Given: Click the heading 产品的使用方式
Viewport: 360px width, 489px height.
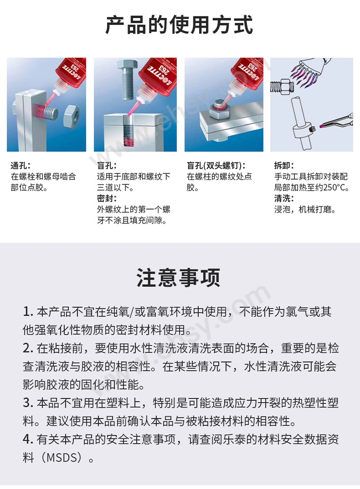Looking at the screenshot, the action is (180, 25).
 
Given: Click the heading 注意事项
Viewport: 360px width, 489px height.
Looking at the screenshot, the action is (179, 277).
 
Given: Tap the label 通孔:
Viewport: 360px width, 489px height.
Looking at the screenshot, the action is (21, 166).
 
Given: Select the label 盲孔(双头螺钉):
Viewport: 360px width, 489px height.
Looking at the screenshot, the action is (216, 166).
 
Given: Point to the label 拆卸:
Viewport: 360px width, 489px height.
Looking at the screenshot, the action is (284, 166).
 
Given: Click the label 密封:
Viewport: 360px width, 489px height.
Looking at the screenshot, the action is (107, 198).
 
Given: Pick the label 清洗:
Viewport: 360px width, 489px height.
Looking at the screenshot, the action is (284, 198).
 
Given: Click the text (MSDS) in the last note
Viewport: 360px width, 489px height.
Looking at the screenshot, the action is (63, 458).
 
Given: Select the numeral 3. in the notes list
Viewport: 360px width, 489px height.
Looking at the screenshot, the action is (28, 403).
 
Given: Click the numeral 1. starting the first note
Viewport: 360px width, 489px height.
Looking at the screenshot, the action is (28, 312).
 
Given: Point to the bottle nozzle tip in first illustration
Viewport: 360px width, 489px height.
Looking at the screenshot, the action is (56, 92).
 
